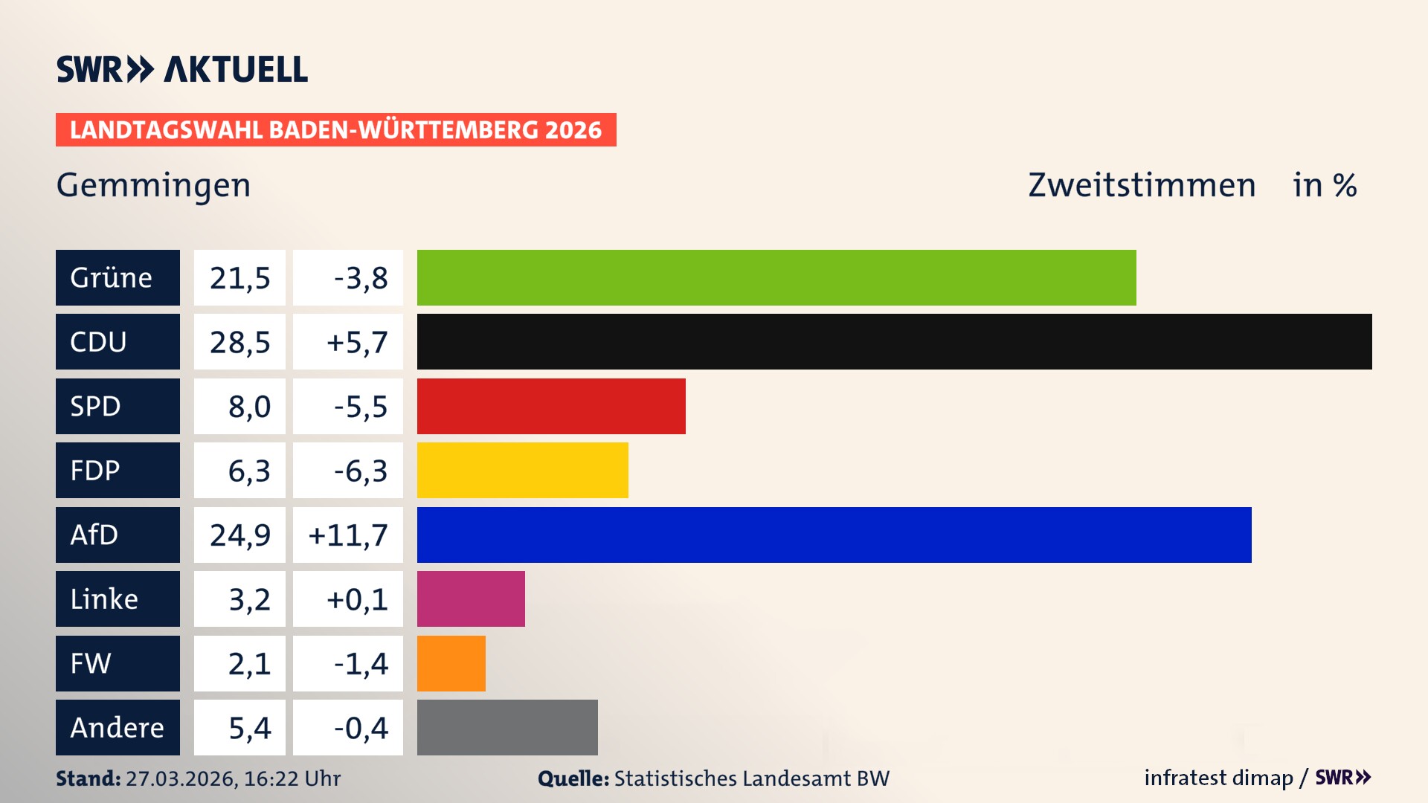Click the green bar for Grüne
pyautogui.click(x=776, y=277)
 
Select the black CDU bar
pyautogui.click(x=894, y=341)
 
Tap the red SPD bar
pyautogui.click(x=551, y=406)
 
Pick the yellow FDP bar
pyautogui.click(x=522, y=470)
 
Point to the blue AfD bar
pyautogui.click(x=834, y=535)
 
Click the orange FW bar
pyautogui.click(x=451, y=663)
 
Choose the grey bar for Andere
pyautogui.click(x=507, y=727)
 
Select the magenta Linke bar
pyautogui.click(x=471, y=599)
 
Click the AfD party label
pyautogui.click(x=118, y=535)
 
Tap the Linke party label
pyautogui.click(x=118, y=599)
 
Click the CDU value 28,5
pyautogui.click(x=239, y=342)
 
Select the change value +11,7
pyautogui.click(x=348, y=535)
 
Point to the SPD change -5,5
pyautogui.click(x=360, y=407)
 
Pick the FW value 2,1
pyautogui.click(x=248, y=663)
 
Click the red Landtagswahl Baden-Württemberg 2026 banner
pyautogui.click(x=335, y=129)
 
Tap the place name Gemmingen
pyautogui.click(x=153, y=185)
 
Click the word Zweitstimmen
pyautogui.click(x=1141, y=185)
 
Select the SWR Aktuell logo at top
pyautogui.click(x=181, y=69)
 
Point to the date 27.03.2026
pyautogui.click(x=181, y=778)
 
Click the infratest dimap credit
pyautogui.click(x=1218, y=778)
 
